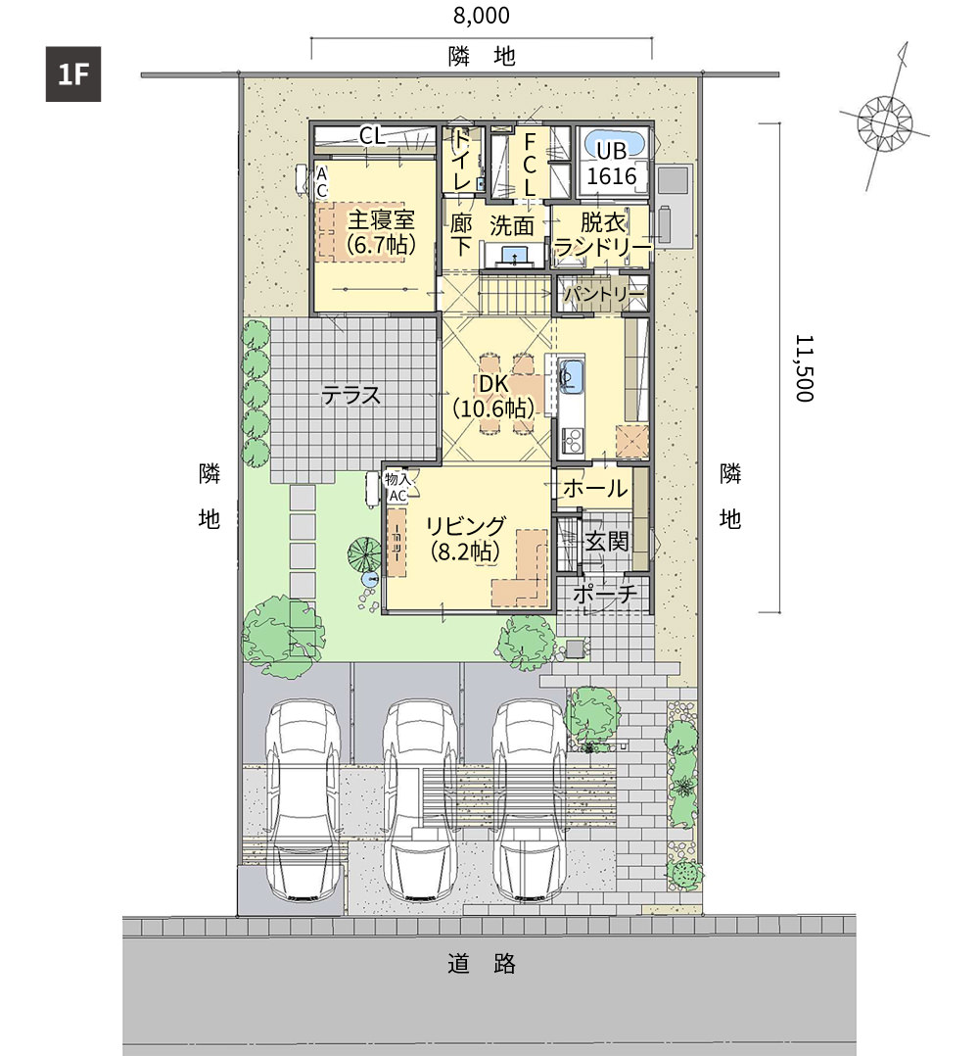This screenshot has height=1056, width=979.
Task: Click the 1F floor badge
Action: pos(73,74)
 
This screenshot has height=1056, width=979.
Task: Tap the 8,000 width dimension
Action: pos(481,16)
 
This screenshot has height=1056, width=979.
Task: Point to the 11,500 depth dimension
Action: pos(805,368)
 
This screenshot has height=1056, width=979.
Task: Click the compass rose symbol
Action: pos(885,123)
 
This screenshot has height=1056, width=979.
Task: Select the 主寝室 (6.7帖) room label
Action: pos(381,231)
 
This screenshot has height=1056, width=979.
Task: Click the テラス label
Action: pos(351,395)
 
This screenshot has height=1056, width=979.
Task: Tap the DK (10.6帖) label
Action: pos(493,396)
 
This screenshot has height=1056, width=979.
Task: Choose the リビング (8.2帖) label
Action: pos(466,539)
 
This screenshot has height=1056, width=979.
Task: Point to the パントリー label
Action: pos(604,294)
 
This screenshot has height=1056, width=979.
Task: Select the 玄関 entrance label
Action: pos(607,541)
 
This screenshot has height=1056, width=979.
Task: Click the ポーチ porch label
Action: pos(605,594)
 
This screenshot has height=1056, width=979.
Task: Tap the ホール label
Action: pos(595,488)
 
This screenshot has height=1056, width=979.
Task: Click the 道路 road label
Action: pos(482,964)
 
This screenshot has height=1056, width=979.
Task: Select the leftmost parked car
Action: pos(303,799)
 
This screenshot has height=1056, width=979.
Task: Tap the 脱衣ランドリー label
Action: pos(603,234)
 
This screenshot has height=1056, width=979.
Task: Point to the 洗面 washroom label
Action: pos(511,225)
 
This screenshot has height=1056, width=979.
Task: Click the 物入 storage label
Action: pos(396,479)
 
